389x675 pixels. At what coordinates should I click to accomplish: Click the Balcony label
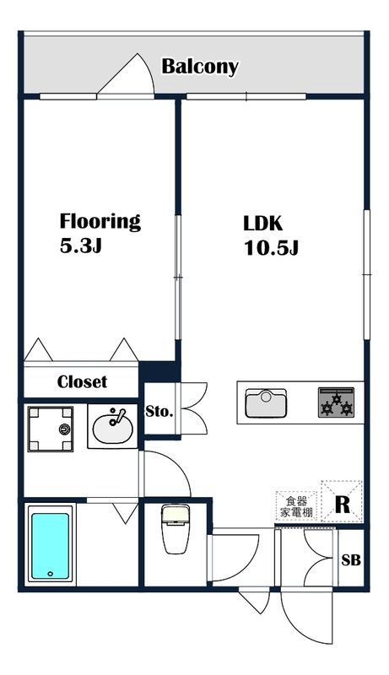click(200, 67)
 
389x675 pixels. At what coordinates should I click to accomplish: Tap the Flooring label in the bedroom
click(100, 221)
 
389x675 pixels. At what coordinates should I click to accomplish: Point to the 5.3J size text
click(80, 246)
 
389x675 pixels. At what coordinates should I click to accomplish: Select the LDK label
click(262, 224)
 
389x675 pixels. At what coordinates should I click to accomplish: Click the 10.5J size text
click(271, 247)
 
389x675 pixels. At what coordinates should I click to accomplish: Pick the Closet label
click(82, 381)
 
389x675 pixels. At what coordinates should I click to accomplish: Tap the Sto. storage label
click(159, 412)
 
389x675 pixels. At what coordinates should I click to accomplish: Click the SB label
click(351, 560)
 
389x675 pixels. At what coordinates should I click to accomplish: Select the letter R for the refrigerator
click(342, 505)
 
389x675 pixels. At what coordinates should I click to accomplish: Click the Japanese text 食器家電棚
click(296, 507)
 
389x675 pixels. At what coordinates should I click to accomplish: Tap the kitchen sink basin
click(266, 403)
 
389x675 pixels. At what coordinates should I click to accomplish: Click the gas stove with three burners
click(336, 402)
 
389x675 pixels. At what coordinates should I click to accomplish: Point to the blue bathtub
click(51, 545)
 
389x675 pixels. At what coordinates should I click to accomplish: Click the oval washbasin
click(113, 429)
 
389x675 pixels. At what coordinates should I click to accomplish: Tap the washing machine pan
click(51, 429)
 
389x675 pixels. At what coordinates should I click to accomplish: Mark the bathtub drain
click(51, 574)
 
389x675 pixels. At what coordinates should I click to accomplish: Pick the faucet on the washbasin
click(117, 417)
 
